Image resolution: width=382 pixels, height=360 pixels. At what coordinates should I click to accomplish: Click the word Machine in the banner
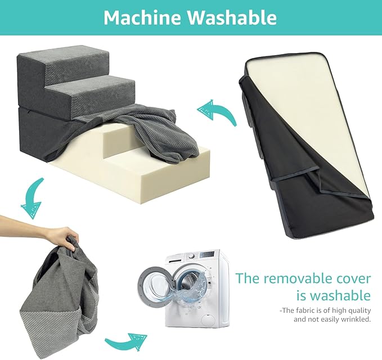pos(142,17)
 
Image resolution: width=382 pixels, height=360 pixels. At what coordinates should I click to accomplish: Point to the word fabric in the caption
pos(304,310)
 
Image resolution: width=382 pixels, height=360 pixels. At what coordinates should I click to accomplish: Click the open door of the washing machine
pos(156,285)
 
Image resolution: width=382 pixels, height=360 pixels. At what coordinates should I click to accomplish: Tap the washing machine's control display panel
pos(207,255)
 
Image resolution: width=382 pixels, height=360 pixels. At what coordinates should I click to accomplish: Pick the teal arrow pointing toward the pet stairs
pos(217,111)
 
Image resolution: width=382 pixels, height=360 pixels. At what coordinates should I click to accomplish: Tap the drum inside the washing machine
pos(189,282)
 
